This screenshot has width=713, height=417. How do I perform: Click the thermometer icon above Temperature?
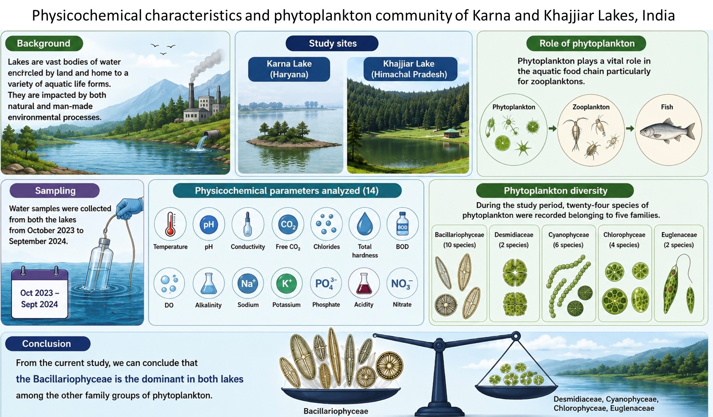pyautogui.click(x=170, y=224)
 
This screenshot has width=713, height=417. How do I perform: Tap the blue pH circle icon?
pyautogui.click(x=208, y=225)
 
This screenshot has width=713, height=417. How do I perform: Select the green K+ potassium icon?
pyautogui.click(x=286, y=283)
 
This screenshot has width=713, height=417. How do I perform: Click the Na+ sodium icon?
pyautogui.click(x=248, y=283)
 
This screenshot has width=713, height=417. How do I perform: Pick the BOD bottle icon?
pyautogui.click(x=402, y=224)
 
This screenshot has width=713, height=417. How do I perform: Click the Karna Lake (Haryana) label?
pyautogui.click(x=289, y=69)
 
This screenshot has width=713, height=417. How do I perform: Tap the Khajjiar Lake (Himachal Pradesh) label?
pyautogui.click(x=409, y=69)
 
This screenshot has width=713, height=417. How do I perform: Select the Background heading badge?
pyautogui.click(x=44, y=43)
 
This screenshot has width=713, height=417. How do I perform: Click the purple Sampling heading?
pyautogui.click(x=55, y=190)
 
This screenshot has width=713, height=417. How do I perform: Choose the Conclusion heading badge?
pyautogui.click(x=47, y=344)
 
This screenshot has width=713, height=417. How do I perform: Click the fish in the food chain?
pyautogui.click(x=667, y=131)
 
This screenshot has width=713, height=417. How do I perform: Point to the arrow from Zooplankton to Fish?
pyautogui.click(x=630, y=128)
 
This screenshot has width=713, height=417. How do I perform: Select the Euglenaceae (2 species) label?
pyautogui.click(x=679, y=240)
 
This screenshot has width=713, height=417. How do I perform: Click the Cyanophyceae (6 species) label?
pyautogui.click(x=568, y=240)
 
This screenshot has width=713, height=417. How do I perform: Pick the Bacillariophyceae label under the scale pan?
pyautogui.click(x=336, y=411)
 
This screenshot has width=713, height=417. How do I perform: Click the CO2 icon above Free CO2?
pyautogui.click(x=287, y=225)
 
